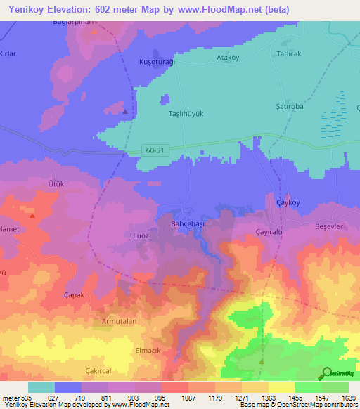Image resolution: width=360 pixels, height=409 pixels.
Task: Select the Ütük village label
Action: (56, 184)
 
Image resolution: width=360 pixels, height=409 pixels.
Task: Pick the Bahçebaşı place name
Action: (188, 222)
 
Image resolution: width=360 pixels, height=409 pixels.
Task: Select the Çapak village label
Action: (74, 295)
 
